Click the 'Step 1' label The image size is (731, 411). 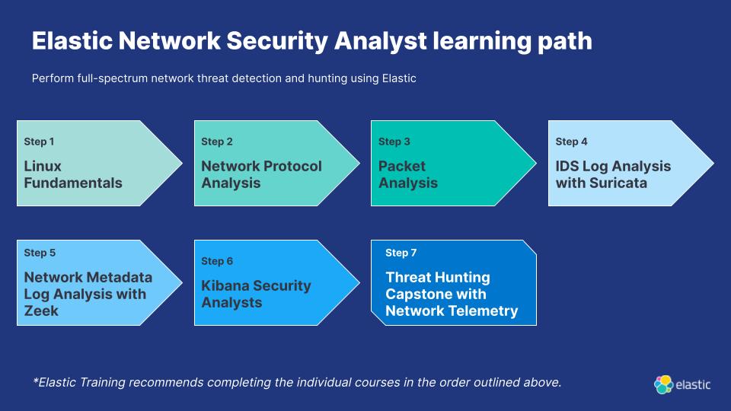39,142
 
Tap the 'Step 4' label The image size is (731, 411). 571,142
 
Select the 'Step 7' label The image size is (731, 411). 401,253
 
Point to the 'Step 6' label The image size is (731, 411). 217,261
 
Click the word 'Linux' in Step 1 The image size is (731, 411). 43,167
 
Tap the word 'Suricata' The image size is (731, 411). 618,183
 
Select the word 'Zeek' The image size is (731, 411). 41,311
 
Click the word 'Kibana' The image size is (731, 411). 223,285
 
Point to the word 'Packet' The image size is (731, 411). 402,167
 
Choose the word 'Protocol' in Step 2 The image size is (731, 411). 292,167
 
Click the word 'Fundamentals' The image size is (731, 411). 73,183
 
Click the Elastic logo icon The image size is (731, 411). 663,384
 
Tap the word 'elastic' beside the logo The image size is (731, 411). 693,385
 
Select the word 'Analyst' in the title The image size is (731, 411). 381,41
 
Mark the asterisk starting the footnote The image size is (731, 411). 35,381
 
